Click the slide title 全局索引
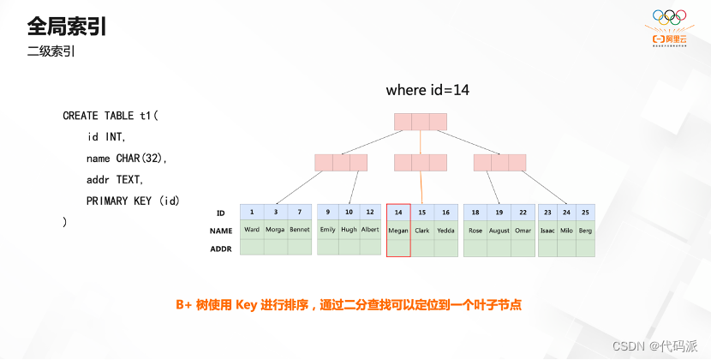point(67,26)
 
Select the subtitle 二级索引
point(51,52)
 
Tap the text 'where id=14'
point(427,90)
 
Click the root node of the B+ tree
point(421,122)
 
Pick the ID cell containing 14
point(398,212)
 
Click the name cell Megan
point(398,230)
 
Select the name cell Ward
point(251,230)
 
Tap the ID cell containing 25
point(585,212)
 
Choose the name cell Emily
point(327,230)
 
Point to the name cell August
point(499,230)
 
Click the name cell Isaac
point(547,230)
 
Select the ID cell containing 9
point(327,212)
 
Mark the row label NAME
point(221,231)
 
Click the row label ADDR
point(221,249)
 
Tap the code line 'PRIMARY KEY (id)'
point(133,201)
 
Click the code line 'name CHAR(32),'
point(127,158)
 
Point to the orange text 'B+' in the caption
point(184,305)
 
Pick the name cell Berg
point(585,230)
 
